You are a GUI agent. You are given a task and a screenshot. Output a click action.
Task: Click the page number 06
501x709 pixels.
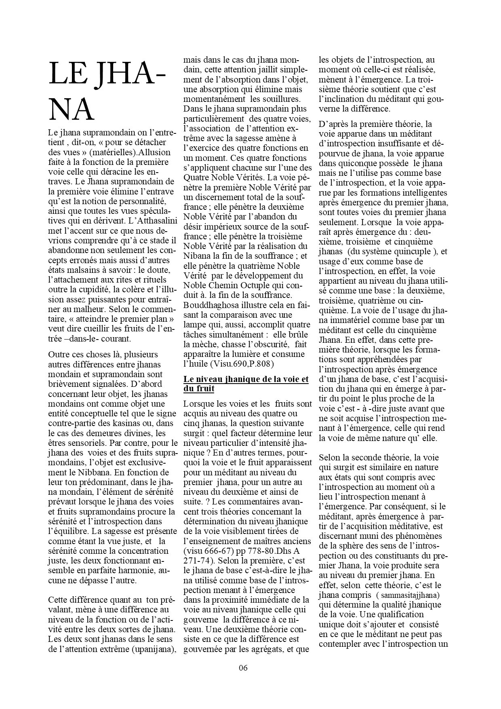pos(243,667)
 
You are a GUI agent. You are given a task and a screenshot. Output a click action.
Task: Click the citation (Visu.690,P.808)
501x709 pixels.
pos(242,364)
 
